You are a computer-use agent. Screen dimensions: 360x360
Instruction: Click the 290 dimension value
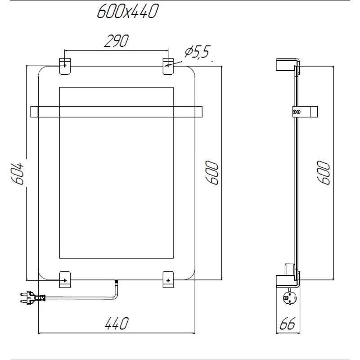tap(116, 41)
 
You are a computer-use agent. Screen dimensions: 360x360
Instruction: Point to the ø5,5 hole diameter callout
tap(197, 53)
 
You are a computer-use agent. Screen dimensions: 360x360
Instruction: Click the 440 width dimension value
tap(117, 323)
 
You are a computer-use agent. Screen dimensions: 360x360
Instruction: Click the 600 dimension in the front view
tap(213, 172)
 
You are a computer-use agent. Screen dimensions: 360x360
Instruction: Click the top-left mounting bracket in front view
tap(65, 65)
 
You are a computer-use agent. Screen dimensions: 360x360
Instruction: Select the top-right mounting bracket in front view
tap(168, 65)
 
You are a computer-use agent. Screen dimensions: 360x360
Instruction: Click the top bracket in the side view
tap(286, 64)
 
